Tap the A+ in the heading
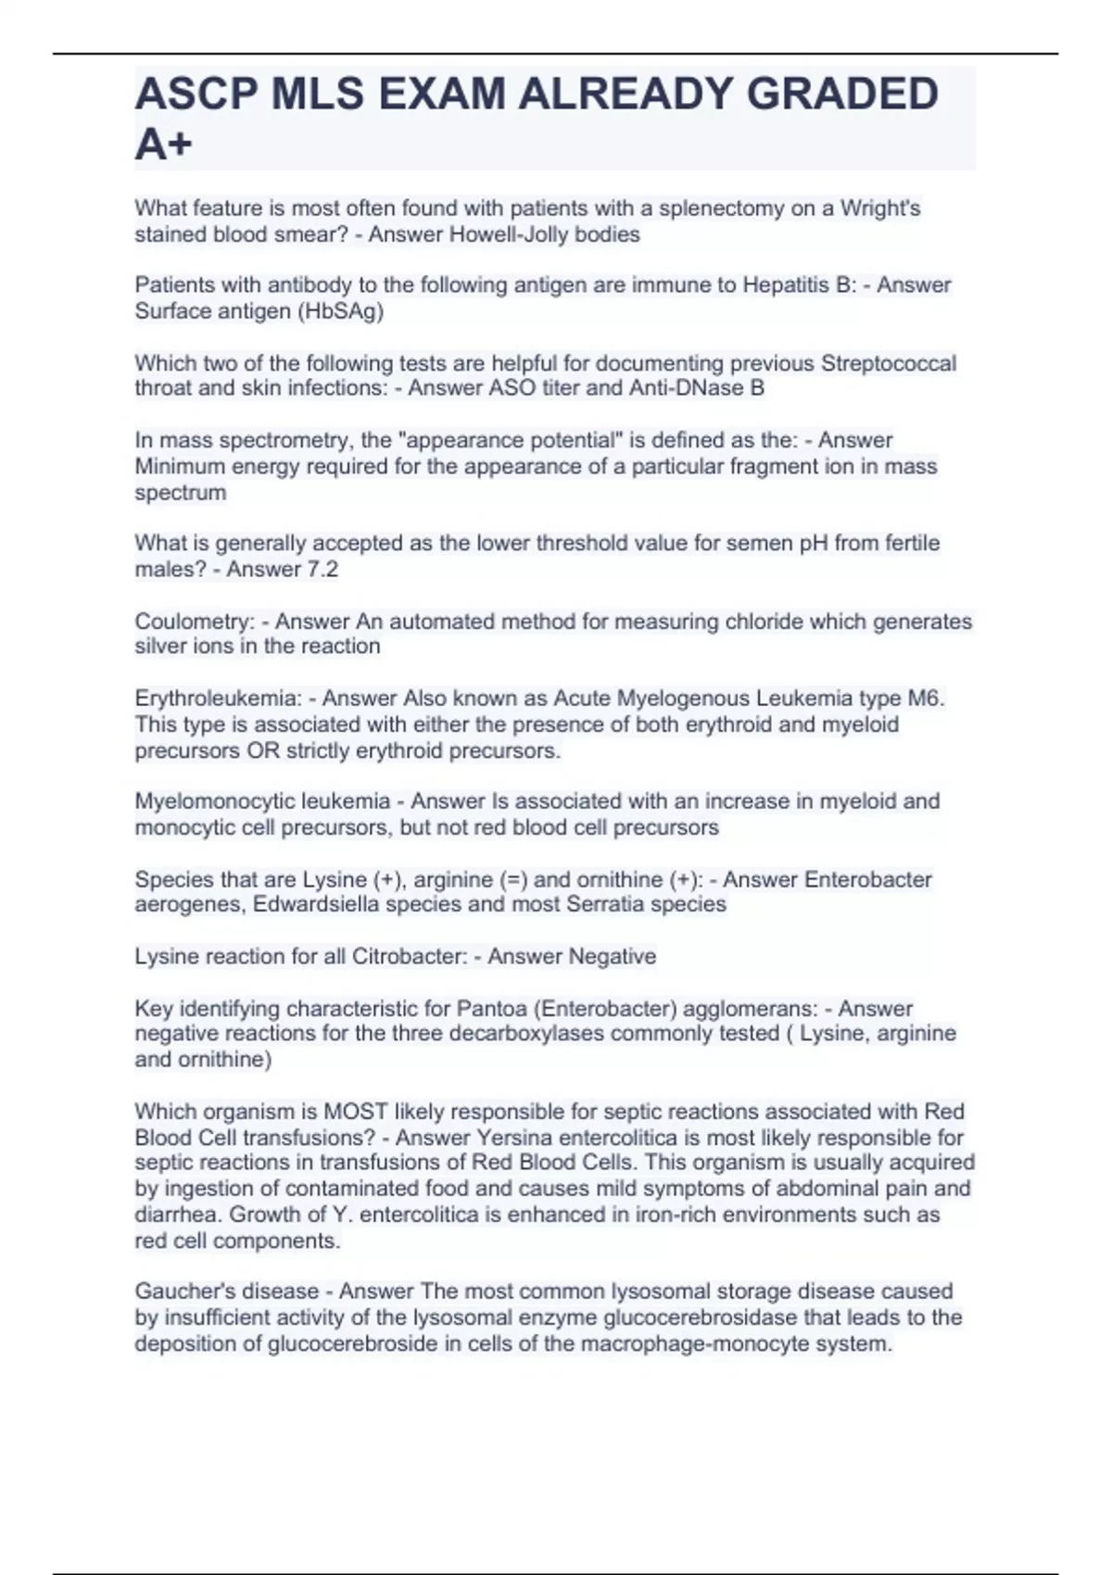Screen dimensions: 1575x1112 [164, 144]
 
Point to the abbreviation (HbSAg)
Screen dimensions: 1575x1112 [339, 311]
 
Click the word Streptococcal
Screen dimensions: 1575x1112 [888, 363]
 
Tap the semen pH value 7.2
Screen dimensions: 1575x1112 [322, 569]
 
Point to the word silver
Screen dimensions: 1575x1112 [161, 646]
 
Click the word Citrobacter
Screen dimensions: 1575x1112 [408, 956]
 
